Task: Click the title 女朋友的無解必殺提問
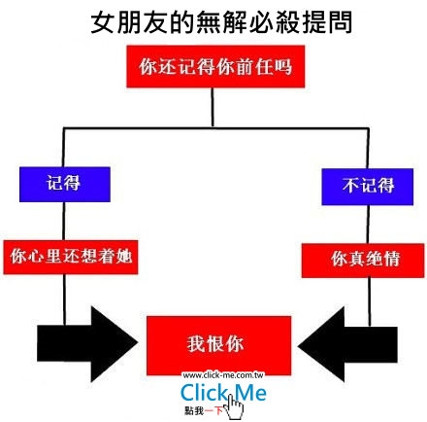[x=221, y=22]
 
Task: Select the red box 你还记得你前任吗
[x=215, y=66]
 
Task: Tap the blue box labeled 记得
[x=65, y=185]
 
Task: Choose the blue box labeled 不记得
[x=368, y=187]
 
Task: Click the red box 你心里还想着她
[x=71, y=258]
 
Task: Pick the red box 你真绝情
[x=363, y=261]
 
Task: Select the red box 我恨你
[x=218, y=345]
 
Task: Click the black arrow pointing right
[x=87, y=344]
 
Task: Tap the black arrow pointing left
[x=347, y=344]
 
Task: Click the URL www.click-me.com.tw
[x=223, y=375]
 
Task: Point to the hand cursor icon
[x=233, y=406]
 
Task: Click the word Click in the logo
[x=204, y=392]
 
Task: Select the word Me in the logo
[x=251, y=392]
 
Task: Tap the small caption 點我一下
[x=204, y=410]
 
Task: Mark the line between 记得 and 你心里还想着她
[x=64, y=221]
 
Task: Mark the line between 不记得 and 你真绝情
[x=368, y=225]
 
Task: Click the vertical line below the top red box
[x=213, y=107]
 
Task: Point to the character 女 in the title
[x=102, y=22]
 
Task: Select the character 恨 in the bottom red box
[x=215, y=344]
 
